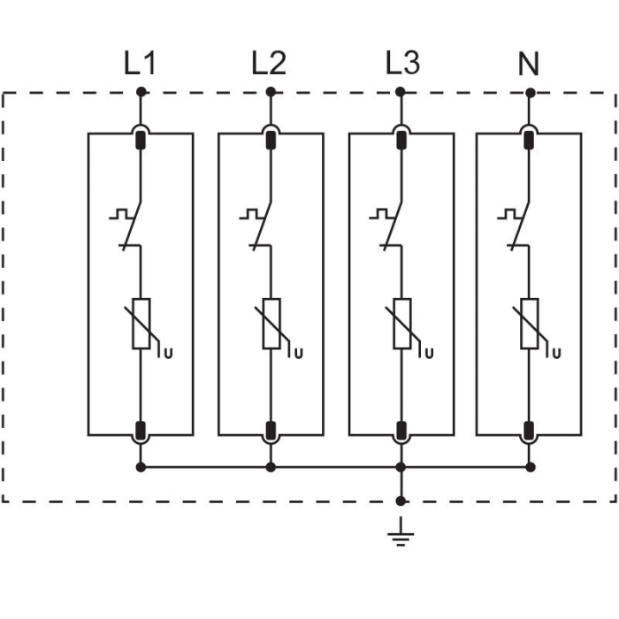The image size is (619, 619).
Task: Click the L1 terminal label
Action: pos(140,64)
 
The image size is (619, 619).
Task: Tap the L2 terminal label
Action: pos(269,64)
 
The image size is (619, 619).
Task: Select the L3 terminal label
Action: pos(402,64)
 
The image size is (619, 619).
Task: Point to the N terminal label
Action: pos(529,64)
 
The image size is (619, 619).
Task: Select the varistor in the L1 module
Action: pos(141,324)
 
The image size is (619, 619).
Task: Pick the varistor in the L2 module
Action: pos(271,324)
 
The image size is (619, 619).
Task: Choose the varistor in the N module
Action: pos(530,324)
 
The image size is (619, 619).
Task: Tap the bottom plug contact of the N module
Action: pos(530,431)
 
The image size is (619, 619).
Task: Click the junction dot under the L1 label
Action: pos(141,91)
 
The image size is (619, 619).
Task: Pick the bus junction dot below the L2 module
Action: pos(271,467)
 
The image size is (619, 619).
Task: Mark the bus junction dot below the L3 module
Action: pos(401,467)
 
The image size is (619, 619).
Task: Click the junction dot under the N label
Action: pos(530,91)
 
